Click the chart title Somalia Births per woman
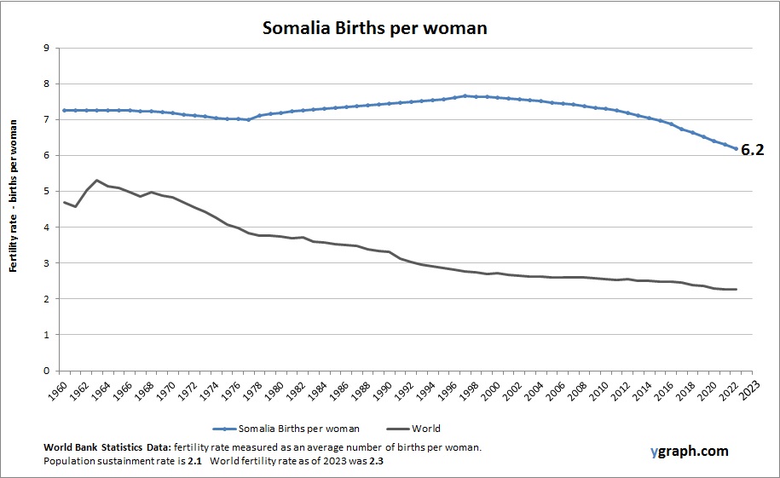point(374,28)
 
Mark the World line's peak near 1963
point(97,181)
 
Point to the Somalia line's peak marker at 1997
point(465,96)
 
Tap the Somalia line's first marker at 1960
point(64,111)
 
